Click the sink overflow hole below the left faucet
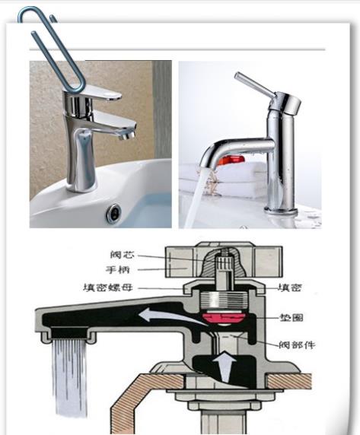tap(113, 214)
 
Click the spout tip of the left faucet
tap(127, 135)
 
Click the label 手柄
tap(118, 269)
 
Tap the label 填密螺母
tap(107, 287)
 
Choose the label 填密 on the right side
tap(290, 287)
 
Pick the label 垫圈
tap(292, 317)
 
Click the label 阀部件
tap(297, 345)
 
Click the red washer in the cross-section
tap(224, 318)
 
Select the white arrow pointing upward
tap(225, 367)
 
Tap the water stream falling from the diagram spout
tap(70, 378)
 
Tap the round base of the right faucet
tap(280, 210)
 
